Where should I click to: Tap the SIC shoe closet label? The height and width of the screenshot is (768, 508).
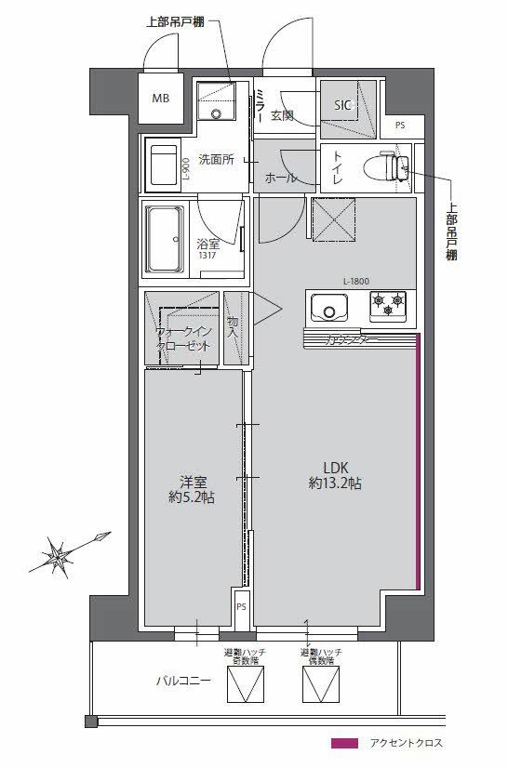[x=343, y=104]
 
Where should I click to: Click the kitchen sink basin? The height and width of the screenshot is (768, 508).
[x=328, y=305]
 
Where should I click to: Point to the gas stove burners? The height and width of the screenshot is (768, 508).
[x=388, y=302]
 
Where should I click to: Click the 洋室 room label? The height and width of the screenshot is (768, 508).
[x=193, y=482]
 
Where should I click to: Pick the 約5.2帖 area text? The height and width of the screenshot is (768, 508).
[x=192, y=497]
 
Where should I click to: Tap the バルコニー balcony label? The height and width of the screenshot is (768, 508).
[x=182, y=681]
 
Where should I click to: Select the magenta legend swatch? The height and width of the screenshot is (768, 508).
[x=344, y=743]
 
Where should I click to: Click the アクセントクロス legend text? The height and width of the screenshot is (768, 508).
[x=406, y=743]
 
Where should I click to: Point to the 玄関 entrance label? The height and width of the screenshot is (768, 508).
[x=282, y=115]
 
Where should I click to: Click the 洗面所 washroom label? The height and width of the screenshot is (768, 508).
[x=215, y=159]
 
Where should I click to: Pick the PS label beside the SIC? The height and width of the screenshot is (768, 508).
[x=400, y=126]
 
